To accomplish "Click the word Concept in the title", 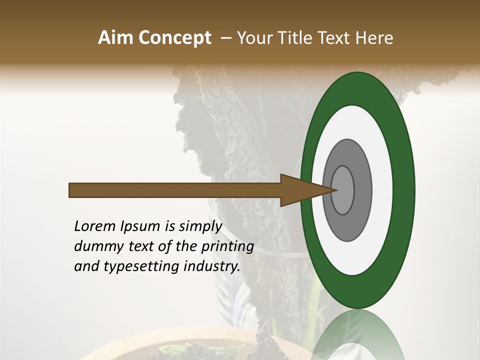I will click(x=174, y=38).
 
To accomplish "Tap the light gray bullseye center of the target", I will click(x=343, y=190).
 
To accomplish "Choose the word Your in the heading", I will click(x=254, y=38).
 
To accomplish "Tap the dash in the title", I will click(x=226, y=38).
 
